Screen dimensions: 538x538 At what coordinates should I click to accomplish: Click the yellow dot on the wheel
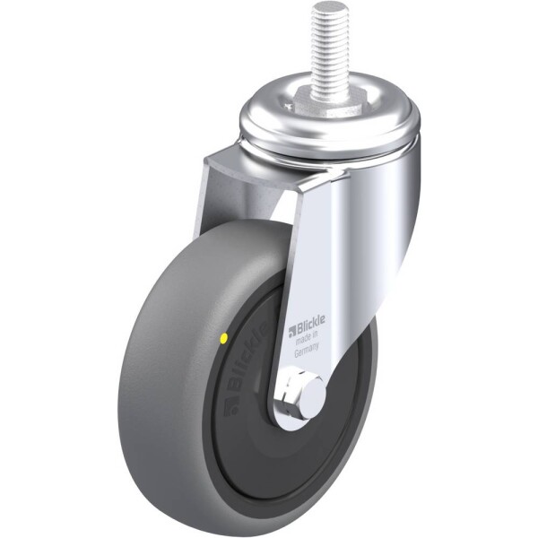[223, 338]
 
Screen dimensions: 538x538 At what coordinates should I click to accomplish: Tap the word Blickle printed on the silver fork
[311, 325]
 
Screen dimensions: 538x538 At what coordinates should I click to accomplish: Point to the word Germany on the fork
[307, 350]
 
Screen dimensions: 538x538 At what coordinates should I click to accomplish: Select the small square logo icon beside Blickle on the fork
[292, 331]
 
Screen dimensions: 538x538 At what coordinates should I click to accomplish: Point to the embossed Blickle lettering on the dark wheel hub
[247, 358]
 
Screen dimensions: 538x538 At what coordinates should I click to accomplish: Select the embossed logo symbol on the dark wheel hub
[231, 405]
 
